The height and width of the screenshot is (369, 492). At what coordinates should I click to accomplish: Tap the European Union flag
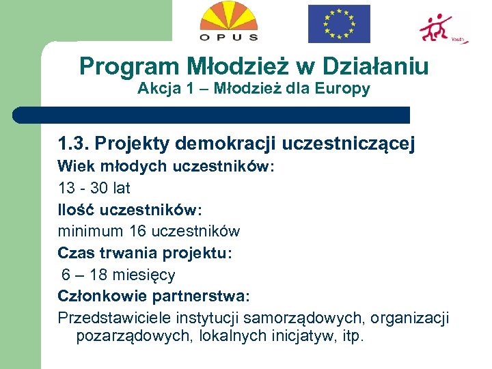pyautogui.click(x=339, y=24)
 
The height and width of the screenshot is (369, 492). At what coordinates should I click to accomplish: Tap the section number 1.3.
pyautogui.click(x=73, y=144)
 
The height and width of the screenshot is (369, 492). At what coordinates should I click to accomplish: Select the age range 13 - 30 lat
pyautogui.click(x=94, y=188)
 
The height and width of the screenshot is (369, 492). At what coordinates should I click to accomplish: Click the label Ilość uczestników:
pyautogui.click(x=130, y=210)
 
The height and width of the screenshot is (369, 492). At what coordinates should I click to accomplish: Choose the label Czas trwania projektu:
pyautogui.click(x=145, y=254)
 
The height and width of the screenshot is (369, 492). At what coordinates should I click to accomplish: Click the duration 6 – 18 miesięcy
pyautogui.click(x=118, y=275)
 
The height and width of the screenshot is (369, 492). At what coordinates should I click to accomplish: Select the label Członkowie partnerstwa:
pyautogui.click(x=154, y=297)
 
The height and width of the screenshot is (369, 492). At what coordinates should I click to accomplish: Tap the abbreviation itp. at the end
pyautogui.click(x=353, y=336)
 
